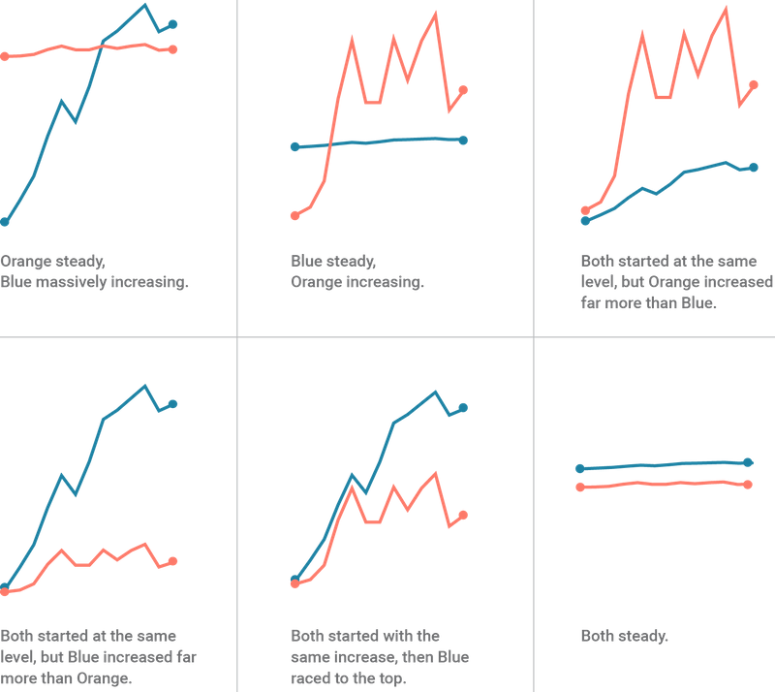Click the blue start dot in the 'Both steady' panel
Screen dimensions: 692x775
click(x=579, y=468)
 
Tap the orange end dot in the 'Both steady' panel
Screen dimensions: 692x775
click(x=749, y=484)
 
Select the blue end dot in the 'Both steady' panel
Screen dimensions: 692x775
click(x=749, y=462)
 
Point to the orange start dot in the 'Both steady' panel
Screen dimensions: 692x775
click(x=579, y=487)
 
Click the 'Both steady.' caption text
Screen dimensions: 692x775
click(x=624, y=636)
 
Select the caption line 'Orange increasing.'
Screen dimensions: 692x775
click(x=356, y=283)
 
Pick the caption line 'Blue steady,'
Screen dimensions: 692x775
click(x=333, y=262)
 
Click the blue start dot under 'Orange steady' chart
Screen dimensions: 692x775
click(x=4, y=222)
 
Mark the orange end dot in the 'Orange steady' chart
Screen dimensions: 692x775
click(x=173, y=48)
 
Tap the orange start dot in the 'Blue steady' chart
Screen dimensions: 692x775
click(x=294, y=215)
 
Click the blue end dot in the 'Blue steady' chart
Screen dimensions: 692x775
click(x=464, y=141)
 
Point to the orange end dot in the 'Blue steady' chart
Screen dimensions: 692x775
click(x=464, y=90)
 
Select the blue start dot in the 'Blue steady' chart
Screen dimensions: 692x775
click(x=294, y=147)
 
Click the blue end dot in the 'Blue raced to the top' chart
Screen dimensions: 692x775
click(x=464, y=408)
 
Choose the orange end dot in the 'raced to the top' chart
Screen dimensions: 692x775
click(x=464, y=515)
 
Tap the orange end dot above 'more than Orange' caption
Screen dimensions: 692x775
click(x=173, y=560)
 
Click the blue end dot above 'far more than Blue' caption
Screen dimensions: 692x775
click(x=755, y=167)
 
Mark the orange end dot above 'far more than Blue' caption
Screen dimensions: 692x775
click(x=755, y=84)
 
